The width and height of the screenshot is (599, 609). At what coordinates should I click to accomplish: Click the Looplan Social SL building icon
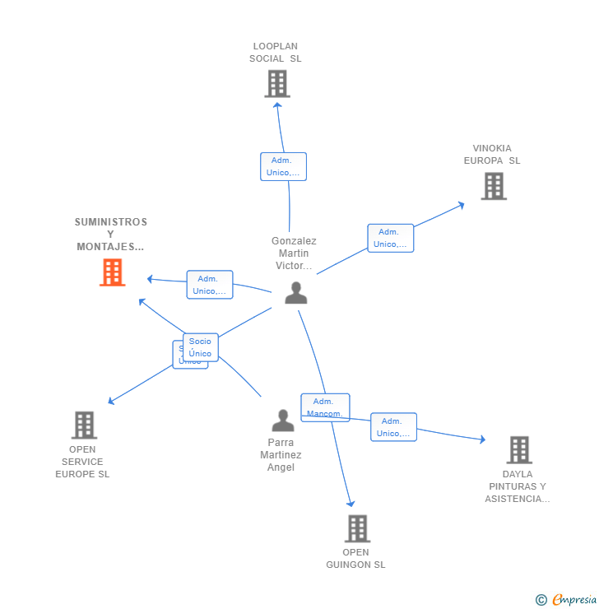[277, 83]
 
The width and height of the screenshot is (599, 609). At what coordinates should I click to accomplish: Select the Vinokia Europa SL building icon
[494, 186]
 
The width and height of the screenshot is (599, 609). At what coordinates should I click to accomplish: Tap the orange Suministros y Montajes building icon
[112, 272]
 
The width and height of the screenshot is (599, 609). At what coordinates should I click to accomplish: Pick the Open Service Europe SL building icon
[84, 425]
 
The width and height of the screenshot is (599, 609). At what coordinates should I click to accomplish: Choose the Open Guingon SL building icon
[357, 528]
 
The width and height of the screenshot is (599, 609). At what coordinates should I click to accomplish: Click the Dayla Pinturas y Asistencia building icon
[519, 450]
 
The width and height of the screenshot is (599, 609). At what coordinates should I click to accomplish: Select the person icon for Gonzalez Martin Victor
[296, 292]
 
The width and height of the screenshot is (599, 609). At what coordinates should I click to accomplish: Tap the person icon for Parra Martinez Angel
[283, 421]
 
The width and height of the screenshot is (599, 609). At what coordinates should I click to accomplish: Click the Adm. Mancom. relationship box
[325, 407]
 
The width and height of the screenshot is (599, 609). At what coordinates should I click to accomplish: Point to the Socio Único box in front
[201, 347]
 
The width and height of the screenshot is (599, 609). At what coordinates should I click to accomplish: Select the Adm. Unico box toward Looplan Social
[283, 166]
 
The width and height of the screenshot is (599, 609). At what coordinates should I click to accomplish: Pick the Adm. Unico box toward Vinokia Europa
[390, 238]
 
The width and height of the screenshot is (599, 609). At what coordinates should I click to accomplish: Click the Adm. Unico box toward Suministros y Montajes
[210, 285]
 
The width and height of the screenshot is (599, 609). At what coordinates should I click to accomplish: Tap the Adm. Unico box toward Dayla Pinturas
[393, 427]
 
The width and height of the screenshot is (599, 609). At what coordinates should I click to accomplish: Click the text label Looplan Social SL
[276, 53]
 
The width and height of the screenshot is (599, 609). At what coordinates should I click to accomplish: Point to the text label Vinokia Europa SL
[492, 155]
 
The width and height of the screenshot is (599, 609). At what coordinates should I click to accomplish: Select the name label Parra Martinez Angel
[281, 455]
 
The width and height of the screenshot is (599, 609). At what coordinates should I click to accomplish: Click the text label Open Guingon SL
[355, 559]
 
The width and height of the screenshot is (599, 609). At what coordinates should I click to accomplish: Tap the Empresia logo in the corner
[566, 600]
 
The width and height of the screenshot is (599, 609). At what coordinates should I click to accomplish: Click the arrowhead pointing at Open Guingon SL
[351, 503]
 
